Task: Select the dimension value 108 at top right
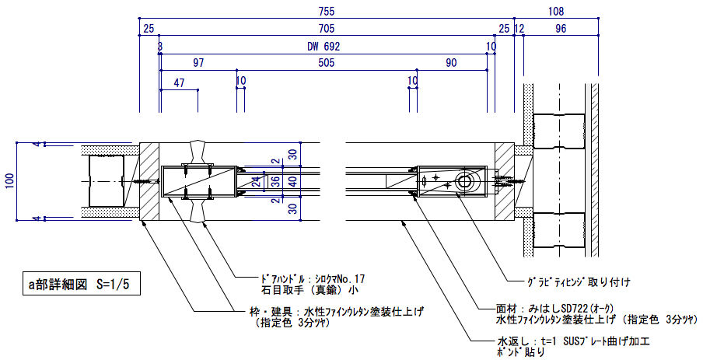click(555, 11)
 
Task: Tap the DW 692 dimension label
click(324, 47)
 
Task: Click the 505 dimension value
click(326, 64)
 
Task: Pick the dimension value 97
click(198, 64)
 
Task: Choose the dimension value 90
click(451, 64)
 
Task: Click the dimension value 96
click(561, 29)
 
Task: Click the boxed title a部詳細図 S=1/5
click(79, 286)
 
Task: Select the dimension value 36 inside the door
click(275, 181)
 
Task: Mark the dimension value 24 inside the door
click(256, 181)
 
